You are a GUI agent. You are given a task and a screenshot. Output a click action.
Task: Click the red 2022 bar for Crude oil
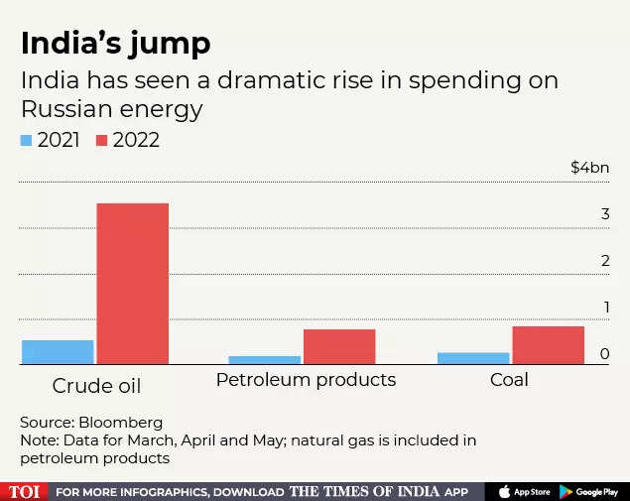(x=132, y=284)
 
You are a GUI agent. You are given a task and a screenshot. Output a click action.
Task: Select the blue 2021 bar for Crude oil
(x=58, y=352)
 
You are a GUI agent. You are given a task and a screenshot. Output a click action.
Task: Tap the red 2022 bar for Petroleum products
(x=339, y=346)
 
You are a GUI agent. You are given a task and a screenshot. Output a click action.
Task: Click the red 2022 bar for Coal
(x=548, y=345)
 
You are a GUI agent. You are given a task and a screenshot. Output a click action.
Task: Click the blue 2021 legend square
(x=27, y=141)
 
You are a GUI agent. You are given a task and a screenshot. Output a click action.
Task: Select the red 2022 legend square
(x=102, y=141)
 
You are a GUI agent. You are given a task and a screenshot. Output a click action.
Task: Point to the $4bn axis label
(x=589, y=168)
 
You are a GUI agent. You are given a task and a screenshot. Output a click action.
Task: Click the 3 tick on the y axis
(x=604, y=214)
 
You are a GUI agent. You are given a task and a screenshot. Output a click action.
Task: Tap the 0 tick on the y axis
(x=604, y=354)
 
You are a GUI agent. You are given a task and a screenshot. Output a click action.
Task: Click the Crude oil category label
(x=96, y=385)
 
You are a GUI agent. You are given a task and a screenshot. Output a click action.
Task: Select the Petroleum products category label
(x=306, y=380)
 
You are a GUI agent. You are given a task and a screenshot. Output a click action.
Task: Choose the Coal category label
(x=509, y=380)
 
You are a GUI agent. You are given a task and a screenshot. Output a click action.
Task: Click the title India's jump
(x=115, y=44)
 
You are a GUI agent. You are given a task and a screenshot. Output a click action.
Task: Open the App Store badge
(x=523, y=491)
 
